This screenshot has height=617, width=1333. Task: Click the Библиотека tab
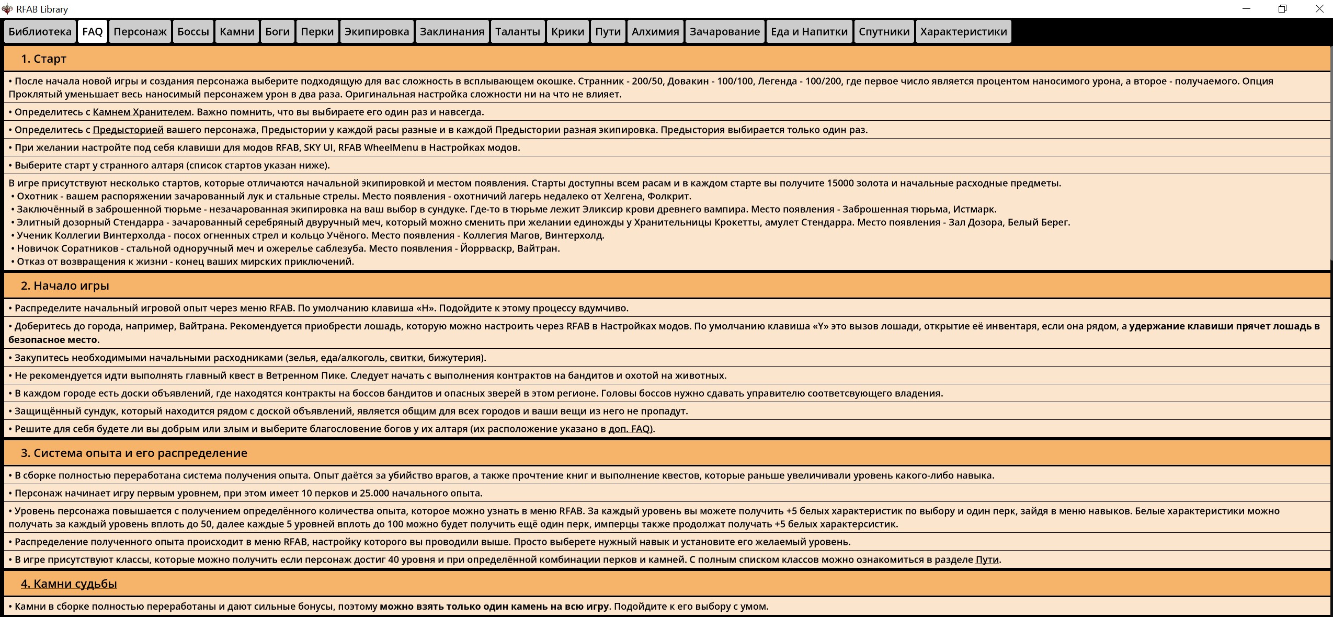[x=40, y=31]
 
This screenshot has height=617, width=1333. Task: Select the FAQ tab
[x=93, y=31]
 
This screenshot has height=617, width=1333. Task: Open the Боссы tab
[x=193, y=31]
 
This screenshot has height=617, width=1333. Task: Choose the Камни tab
[x=237, y=31]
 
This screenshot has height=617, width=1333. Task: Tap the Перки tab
[x=317, y=31]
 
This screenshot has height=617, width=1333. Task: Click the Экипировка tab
[x=377, y=31]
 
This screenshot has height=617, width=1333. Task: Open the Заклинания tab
[x=452, y=31]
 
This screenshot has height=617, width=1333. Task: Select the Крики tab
[x=567, y=31]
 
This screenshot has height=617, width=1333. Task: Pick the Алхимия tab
[x=655, y=31]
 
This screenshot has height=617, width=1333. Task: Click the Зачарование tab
[x=725, y=31]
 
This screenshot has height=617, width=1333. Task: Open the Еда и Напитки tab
[x=809, y=31]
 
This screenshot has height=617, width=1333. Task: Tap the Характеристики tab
[x=963, y=31]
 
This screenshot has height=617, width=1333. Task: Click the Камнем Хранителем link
[x=142, y=112]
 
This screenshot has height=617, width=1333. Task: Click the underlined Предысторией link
[x=128, y=130]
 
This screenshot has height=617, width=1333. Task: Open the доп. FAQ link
[x=630, y=429]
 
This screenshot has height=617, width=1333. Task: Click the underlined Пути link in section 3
[x=987, y=559]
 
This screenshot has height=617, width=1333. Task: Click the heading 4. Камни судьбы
[x=69, y=584]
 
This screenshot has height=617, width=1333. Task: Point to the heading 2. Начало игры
[x=65, y=285]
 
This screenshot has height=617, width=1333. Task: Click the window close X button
[x=1318, y=9]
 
